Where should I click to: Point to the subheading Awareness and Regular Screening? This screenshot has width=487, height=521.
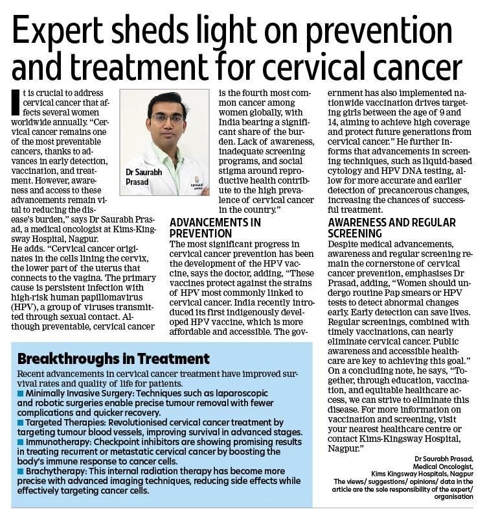pos(383,228)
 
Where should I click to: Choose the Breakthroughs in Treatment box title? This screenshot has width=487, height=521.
pos(113,358)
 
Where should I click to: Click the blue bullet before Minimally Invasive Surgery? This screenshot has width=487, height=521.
pos(21,393)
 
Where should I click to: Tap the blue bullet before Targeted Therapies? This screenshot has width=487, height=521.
pos(21,422)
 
